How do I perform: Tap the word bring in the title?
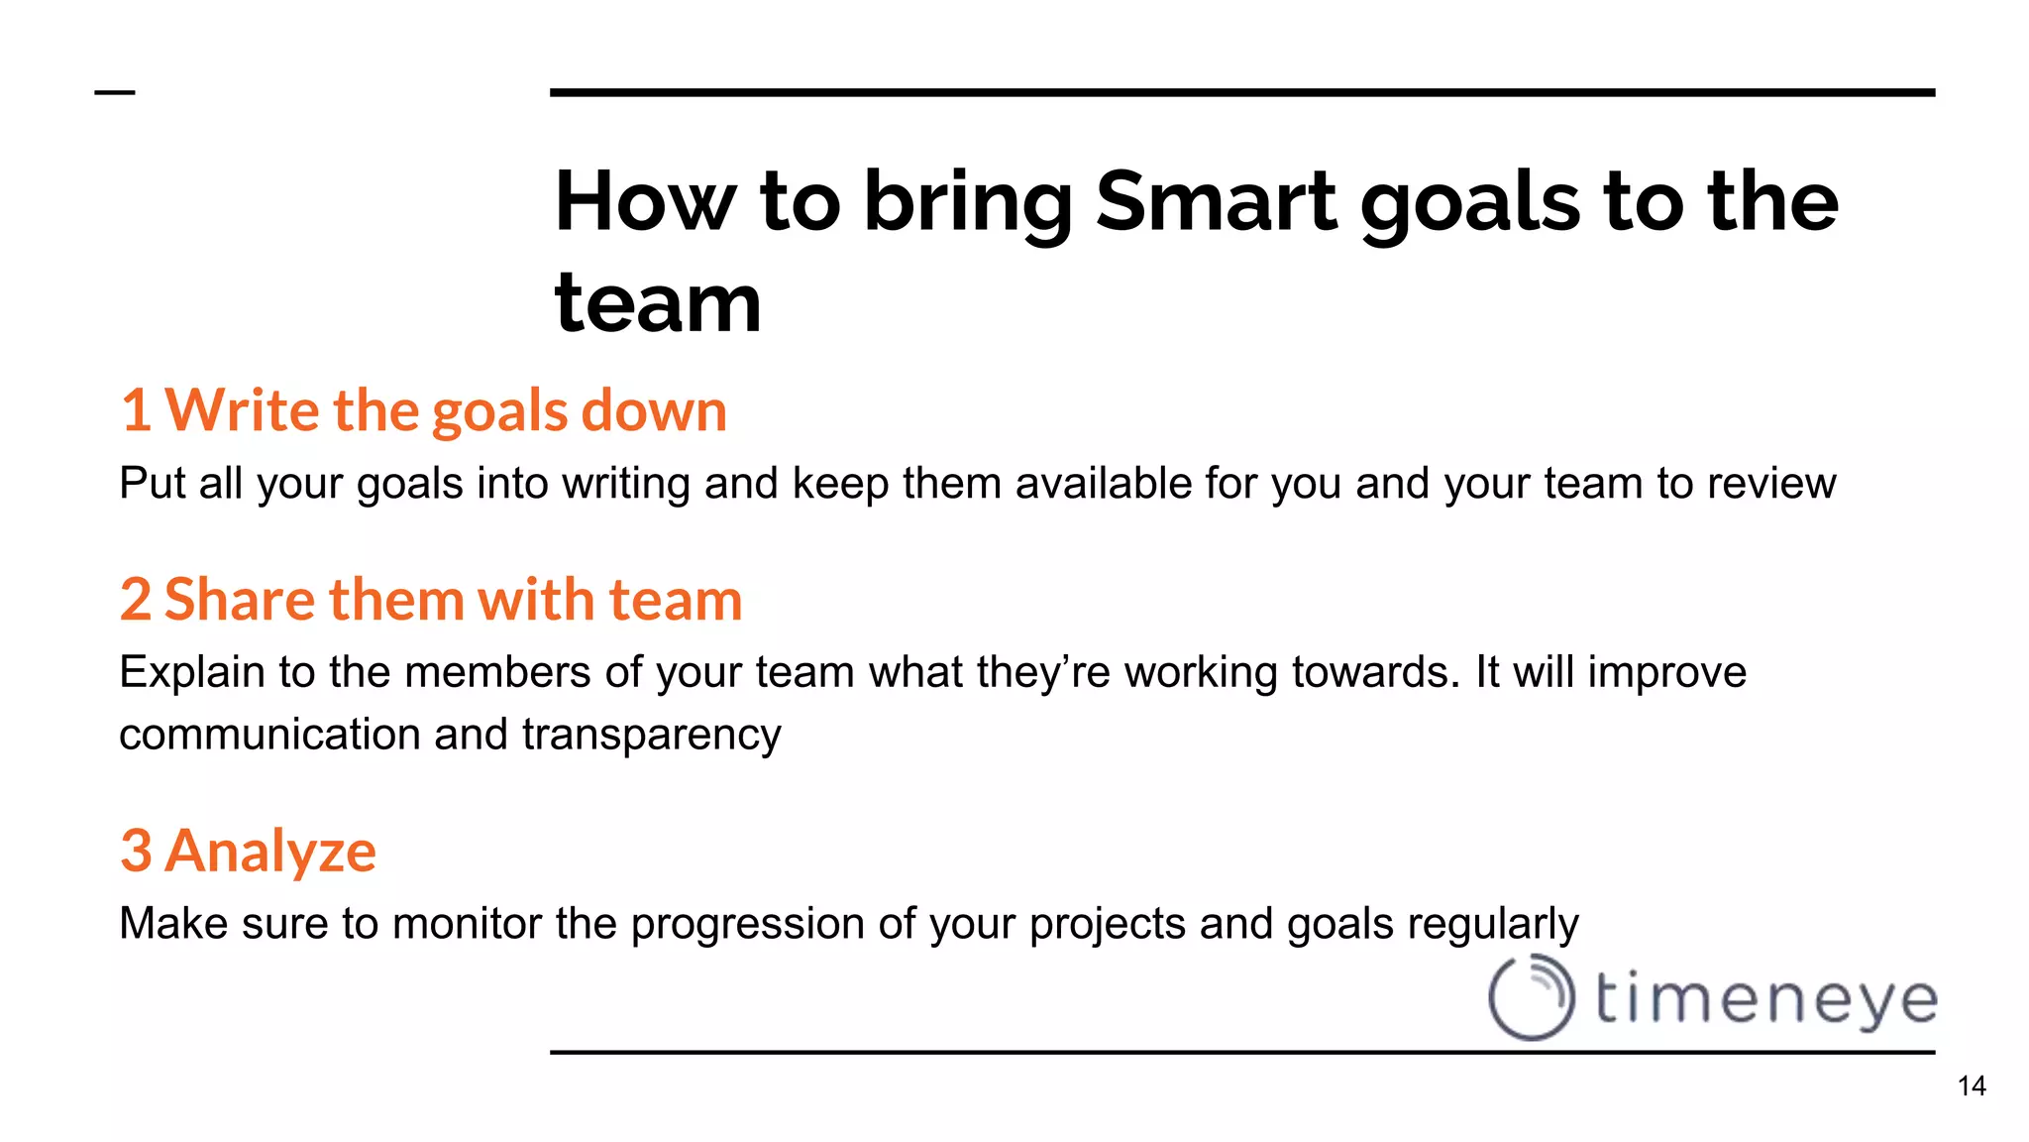click(x=968, y=203)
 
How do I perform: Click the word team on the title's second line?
click(x=658, y=304)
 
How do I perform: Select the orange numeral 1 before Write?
click(x=136, y=410)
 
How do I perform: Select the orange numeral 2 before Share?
click(x=136, y=600)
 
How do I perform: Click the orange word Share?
click(x=239, y=600)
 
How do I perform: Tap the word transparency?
click(x=651, y=736)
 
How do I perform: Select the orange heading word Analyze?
click(x=270, y=852)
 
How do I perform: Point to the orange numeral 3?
click(x=136, y=852)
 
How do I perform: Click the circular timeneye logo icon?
click(x=1531, y=997)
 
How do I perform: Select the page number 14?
click(x=1972, y=1086)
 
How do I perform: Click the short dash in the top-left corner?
click(x=115, y=93)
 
